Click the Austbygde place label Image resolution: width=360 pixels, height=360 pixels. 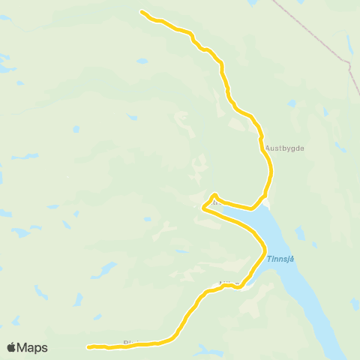point(284,148)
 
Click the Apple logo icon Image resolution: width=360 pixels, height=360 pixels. point(11,347)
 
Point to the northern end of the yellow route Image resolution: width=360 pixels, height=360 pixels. point(142,11)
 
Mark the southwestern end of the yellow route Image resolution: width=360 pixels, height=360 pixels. point(88,346)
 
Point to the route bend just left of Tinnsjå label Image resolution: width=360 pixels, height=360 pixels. point(264,250)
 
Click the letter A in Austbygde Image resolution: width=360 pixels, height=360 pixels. point(268,148)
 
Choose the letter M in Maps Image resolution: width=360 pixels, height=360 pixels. point(23,347)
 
